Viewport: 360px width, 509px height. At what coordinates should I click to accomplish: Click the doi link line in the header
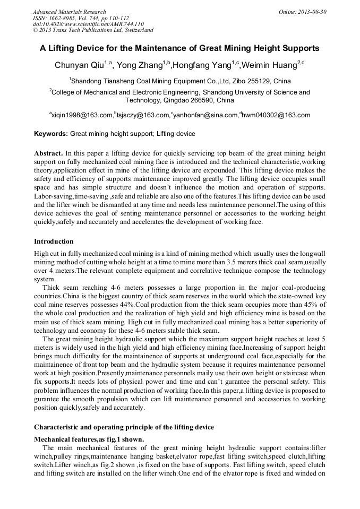tap(88, 24)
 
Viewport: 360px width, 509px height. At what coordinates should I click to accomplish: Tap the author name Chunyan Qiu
tap(79, 65)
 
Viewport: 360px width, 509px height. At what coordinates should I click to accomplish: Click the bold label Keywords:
tap(51, 134)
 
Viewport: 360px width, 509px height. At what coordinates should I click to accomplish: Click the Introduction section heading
tap(54, 241)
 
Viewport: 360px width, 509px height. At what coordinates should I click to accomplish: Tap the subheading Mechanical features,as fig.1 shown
tap(89, 439)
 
